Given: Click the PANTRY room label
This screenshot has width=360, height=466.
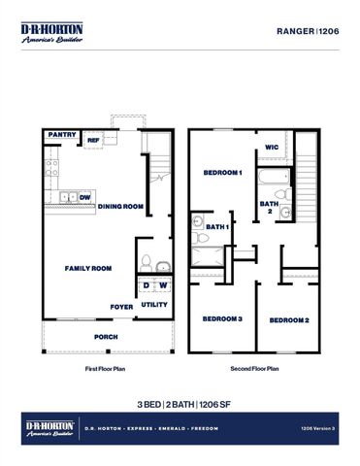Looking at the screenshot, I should pyautogui.click(x=62, y=136).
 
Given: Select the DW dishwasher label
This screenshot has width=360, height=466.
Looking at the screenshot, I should pyautogui.click(x=86, y=197).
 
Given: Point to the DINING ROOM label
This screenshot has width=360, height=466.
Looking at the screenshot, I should pyautogui.click(x=120, y=206).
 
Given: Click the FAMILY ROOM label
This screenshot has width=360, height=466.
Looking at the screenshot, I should pyautogui.click(x=88, y=268).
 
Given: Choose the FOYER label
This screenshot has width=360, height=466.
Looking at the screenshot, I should pyautogui.click(x=121, y=307).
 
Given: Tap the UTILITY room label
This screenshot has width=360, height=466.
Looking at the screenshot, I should pyautogui.click(x=154, y=305).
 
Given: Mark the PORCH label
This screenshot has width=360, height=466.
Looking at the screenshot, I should pyautogui.click(x=106, y=337).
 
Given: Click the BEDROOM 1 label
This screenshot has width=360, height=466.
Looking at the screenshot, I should pyautogui.click(x=222, y=173).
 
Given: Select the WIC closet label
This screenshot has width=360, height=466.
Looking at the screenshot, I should pyautogui.click(x=273, y=149).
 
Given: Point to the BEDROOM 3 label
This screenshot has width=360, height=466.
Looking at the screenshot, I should pyautogui.click(x=221, y=319).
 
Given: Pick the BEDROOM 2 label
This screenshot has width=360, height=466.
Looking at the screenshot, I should pyautogui.click(x=289, y=320).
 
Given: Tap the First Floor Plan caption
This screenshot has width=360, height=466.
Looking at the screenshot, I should pyautogui.click(x=107, y=370).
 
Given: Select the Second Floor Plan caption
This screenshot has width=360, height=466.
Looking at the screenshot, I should pyautogui.click(x=254, y=370).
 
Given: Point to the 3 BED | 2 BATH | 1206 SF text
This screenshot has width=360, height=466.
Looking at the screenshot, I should pyautogui.click(x=180, y=403).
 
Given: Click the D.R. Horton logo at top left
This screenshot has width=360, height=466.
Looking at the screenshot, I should pyautogui.click(x=52, y=32).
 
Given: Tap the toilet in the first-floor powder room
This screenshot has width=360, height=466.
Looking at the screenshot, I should pyautogui.click(x=147, y=261).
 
